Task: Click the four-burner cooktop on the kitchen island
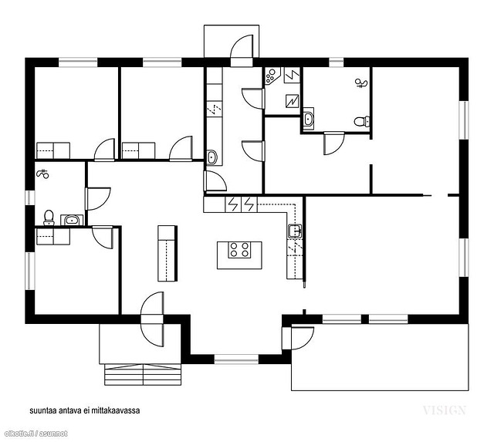pos(239,250)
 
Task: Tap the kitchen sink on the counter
pos(295,231)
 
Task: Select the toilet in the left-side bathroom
pos(49,218)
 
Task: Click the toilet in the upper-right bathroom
pos(362,121)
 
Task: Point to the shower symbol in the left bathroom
pos(43,174)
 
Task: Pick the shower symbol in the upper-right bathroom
pos(361,83)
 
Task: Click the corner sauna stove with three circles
pos(271,76)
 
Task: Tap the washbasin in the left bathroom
pos(72,220)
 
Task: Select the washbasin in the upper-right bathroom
pos(308,119)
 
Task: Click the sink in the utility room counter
pos(211,157)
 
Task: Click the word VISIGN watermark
pos(444,410)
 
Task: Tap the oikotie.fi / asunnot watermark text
pos(36,434)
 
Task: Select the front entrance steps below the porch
pos(143,375)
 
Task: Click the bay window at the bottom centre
pos(236,359)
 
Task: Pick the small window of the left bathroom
pos(30,197)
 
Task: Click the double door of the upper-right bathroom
pos(334,143)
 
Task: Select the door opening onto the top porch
pos(242,50)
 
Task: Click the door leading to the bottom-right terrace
pos(298,339)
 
